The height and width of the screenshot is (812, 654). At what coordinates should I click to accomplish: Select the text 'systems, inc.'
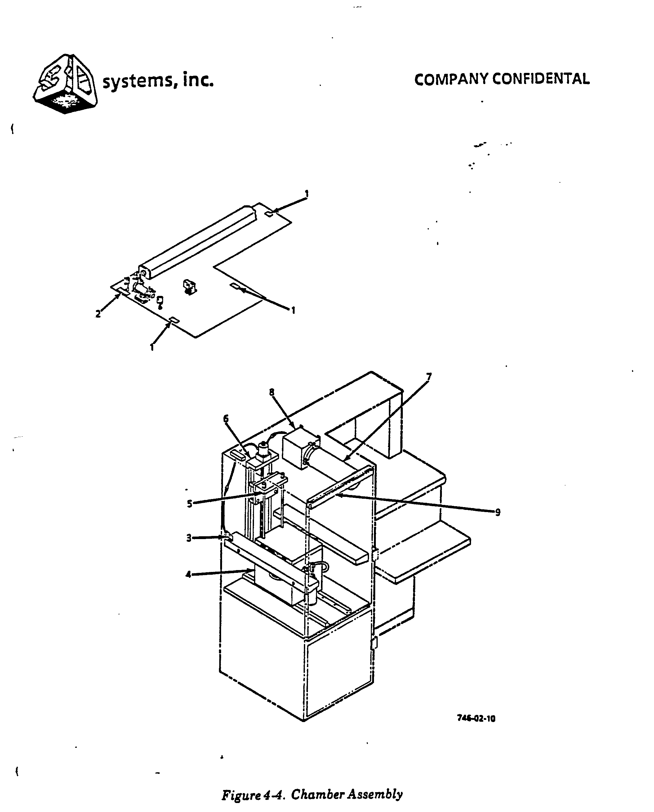pos(158,81)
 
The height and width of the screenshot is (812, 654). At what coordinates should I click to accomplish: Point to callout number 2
pos(98,314)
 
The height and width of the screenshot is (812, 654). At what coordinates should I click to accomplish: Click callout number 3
pos(189,538)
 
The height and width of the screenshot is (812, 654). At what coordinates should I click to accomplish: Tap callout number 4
pos(188,575)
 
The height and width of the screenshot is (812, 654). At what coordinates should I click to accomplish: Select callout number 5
pos(190,503)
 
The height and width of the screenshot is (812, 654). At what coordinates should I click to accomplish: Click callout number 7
pos(429,376)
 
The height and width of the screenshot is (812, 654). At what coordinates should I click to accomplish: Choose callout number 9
pos(498,512)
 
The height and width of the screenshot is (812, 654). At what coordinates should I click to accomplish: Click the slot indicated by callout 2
pos(123,291)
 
